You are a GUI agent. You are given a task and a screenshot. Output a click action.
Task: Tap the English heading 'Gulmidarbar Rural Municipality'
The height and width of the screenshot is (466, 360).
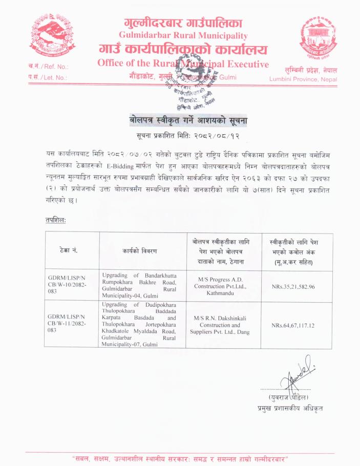pos(183,35)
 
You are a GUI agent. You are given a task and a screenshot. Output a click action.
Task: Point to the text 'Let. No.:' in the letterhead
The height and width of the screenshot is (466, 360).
pos(53,78)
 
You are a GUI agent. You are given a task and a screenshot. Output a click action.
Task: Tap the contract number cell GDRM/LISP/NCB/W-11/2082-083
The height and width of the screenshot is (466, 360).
pos(71,323)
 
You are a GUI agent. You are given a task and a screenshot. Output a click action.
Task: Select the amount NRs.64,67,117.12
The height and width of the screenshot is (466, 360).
pos(295,325)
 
